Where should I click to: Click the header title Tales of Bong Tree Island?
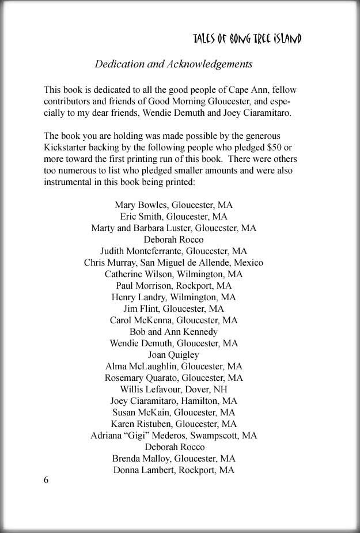point(247,39)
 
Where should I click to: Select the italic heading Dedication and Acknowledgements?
point(173,64)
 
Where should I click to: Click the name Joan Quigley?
point(173,354)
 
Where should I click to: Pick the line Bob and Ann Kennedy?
point(173,331)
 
